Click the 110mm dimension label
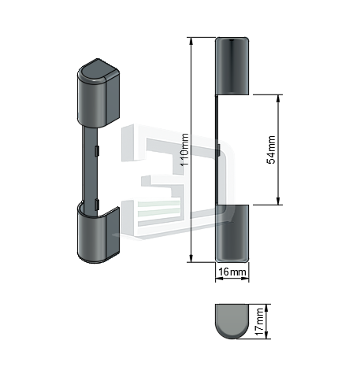(x=185, y=150)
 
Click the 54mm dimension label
(x=271, y=150)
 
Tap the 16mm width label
(x=232, y=272)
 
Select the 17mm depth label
(x=259, y=322)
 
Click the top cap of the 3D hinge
(x=98, y=93)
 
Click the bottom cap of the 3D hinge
(x=98, y=235)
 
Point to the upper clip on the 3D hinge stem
(x=97, y=150)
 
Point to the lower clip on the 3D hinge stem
(x=97, y=205)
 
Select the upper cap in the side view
(x=232, y=66)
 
